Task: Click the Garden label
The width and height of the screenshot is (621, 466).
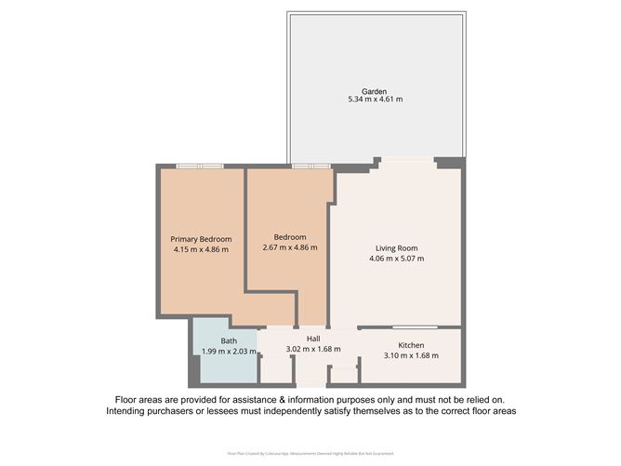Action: point(375,91)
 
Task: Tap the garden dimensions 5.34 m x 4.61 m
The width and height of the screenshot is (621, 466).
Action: point(375,100)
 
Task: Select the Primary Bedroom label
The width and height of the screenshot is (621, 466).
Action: point(201,239)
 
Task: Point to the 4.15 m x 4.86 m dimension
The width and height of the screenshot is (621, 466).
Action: point(201,249)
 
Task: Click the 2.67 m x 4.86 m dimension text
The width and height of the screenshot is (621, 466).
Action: point(290,247)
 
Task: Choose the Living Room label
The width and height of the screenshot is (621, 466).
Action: point(396,248)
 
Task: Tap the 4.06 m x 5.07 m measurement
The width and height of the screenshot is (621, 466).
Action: point(396,259)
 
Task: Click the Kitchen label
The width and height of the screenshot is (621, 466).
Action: point(411,344)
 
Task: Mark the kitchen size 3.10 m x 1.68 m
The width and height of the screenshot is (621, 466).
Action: point(411,354)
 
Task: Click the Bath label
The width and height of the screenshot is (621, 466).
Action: point(229,341)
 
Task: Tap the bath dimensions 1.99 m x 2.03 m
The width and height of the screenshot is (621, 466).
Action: point(229,352)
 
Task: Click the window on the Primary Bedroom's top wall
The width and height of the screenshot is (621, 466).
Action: point(200,166)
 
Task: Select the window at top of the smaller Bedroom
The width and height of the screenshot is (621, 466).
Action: point(310,166)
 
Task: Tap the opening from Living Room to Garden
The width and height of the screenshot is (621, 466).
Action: point(406,161)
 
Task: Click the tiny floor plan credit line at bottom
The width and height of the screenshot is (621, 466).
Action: point(310,453)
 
